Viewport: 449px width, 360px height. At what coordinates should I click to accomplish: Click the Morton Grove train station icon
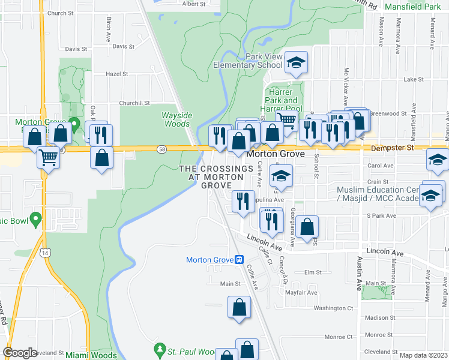pyautogui.click(x=239, y=260)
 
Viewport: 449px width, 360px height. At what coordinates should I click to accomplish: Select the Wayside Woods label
pyautogui.click(x=176, y=119)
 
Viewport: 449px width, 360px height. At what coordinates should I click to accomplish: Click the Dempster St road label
pyautogui.click(x=393, y=147)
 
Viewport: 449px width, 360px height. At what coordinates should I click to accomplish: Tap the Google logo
pyautogui.click(x=20, y=353)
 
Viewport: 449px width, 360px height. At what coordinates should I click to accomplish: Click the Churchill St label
pyautogui.click(x=134, y=103)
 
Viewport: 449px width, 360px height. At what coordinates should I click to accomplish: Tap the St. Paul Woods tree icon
pyautogui.click(x=160, y=349)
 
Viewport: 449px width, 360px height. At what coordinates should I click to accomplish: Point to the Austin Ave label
pyautogui.click(x=361, y=266)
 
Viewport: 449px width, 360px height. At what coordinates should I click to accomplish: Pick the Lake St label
pyautogui.click(x=414, y=79)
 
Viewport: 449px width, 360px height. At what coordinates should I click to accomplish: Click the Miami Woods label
pyautogui.click(x=90, y=355)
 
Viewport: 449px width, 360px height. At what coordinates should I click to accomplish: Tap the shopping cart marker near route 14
pyautogui.click(x=48, y=158)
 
